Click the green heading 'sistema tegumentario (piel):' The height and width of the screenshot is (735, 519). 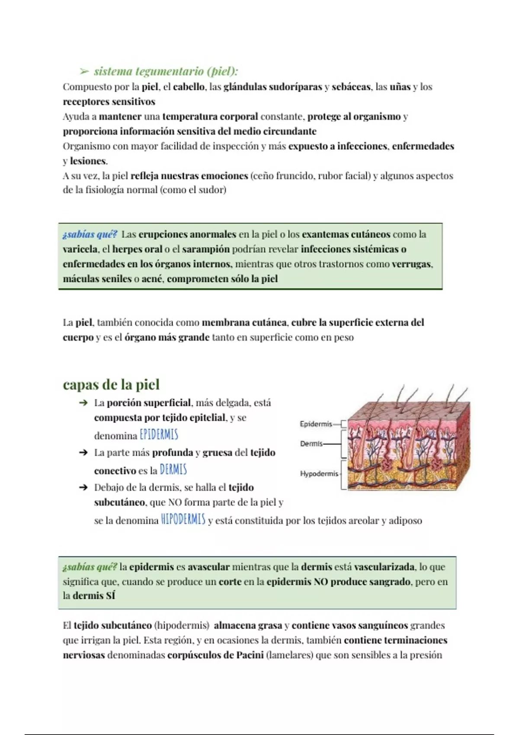click(x=166, y=71)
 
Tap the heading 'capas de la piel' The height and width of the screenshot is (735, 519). click(x=111, y=384)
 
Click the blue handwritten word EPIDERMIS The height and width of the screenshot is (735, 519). click(x=159, y=435)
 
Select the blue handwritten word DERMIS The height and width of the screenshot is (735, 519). click(x=173, y=470)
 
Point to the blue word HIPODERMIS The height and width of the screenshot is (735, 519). click(x=183, y=519)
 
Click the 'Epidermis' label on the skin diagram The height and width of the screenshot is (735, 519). click(x=316, y=424)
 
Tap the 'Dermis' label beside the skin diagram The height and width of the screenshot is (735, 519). click(x=311, y=444)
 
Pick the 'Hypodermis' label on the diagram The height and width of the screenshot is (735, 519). click(x=319, y=474)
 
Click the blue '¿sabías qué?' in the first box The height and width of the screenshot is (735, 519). click(x=90, y=234)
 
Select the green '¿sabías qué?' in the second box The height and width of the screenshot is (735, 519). click(x=90, y=567)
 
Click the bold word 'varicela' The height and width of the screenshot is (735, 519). click(x=80, y=249)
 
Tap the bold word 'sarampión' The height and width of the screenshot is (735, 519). click(x=205, y=249)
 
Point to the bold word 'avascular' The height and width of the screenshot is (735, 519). click(x=208, y=567)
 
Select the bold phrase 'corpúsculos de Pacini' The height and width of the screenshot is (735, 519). click(x=215, y=655)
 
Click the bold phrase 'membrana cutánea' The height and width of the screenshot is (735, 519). click(x=244, y=323)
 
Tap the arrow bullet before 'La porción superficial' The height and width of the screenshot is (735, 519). click(x=83, y=403)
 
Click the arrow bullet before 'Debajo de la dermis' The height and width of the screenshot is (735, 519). click(x=83, y=488)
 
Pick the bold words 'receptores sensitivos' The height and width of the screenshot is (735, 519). click(x=109, y=102)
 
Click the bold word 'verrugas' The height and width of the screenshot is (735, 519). click(x=411, y=264)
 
